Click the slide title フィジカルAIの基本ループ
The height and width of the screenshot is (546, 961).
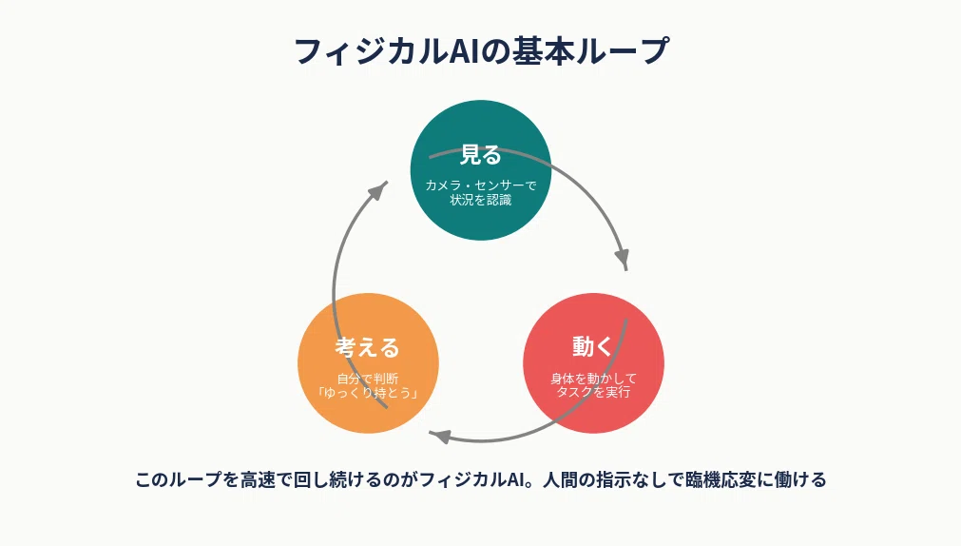(x=481, y=51)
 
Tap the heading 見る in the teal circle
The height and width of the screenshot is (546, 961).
(x=481, y=155)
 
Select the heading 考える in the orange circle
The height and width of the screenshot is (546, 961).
(x=368, y=348)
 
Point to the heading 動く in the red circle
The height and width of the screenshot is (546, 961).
(x=592, y=346)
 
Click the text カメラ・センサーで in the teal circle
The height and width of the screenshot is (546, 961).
(x=481, y=185)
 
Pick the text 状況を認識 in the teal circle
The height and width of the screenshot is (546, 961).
(x=481, y=200)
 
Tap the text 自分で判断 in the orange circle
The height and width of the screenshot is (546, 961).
(x=368, y=379)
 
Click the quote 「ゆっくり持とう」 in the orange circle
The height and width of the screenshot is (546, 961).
(x=368, y=393)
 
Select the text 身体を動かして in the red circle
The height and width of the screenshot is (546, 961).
(x=593, y=378)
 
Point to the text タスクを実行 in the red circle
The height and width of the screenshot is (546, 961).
(x=593, y=391)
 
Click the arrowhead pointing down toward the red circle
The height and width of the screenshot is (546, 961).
(x=623, y=258)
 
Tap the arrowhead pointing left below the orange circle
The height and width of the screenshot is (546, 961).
(x=440, y=437)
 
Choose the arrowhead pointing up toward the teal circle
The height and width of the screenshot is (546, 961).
(x=378, y=189)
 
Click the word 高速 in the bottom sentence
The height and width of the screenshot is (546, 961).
(x=258, y=479)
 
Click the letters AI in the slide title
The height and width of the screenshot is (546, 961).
(x=464, y=51)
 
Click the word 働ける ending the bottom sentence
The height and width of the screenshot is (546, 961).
(x=800, y=479)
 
